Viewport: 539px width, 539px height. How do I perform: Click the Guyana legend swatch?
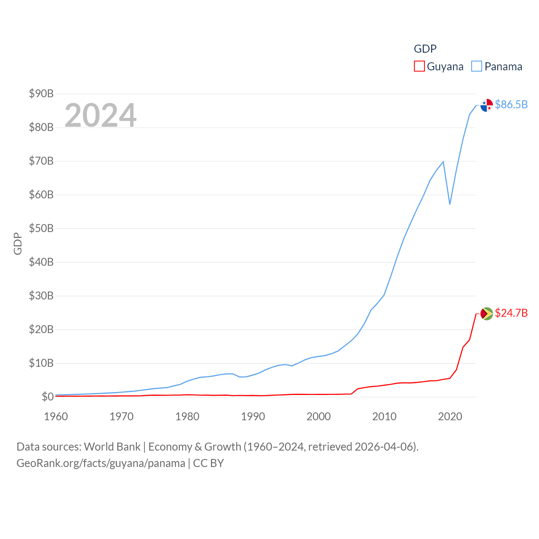click(x=419, y=67)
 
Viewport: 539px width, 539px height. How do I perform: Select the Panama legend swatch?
click(x=476, y=67)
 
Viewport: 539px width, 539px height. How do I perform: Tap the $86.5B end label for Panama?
click(x=511, y=104)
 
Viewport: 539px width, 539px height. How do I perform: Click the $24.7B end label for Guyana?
click(x=511, y=313)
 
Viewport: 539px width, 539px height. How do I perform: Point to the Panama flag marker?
click(x=487, y=105)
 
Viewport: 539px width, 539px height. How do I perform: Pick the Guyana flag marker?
click(x=487, y=314)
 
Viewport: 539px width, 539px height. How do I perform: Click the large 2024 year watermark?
click(x=101, y=115)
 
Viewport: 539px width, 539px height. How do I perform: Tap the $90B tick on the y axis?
click(x=41, y=93)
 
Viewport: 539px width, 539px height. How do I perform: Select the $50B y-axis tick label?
click(x=41, y=228)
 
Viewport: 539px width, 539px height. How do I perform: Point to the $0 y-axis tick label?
click(x=48, y=397)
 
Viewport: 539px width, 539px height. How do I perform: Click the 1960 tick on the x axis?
click(x=56, y=416)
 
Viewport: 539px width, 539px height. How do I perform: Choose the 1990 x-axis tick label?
click(x=253, y=416)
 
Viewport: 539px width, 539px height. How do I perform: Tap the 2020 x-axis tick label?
click(x=450, y=416)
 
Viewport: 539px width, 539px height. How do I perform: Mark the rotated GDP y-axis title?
click(x=18, y=243)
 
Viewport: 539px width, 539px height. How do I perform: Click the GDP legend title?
click(x=425, y=49)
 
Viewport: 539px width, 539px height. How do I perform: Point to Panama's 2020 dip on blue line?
click(x=450, y=204)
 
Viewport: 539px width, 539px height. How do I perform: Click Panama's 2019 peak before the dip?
click(x=443, y=162)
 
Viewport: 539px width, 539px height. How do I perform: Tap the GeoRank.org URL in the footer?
click(x=101, y=463)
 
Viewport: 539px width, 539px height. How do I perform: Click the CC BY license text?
click(x=208, y=463)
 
